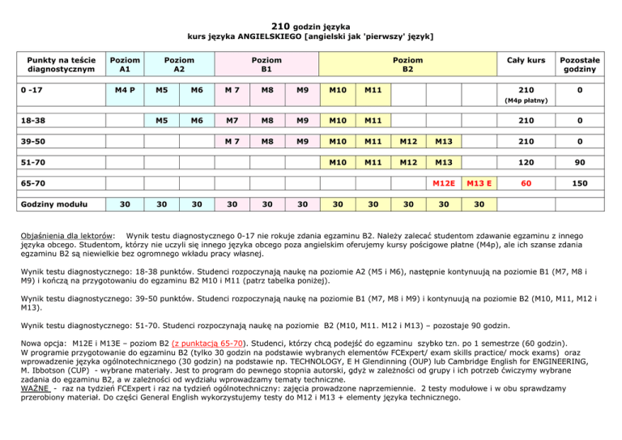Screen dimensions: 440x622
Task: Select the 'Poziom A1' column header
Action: [x=122, y=64]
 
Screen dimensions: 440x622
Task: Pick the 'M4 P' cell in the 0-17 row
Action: [x=122, y=89]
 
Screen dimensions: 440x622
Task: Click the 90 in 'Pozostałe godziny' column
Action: [x=578, y=164]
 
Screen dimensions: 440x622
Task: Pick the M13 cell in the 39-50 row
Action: [x=444, y=143]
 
